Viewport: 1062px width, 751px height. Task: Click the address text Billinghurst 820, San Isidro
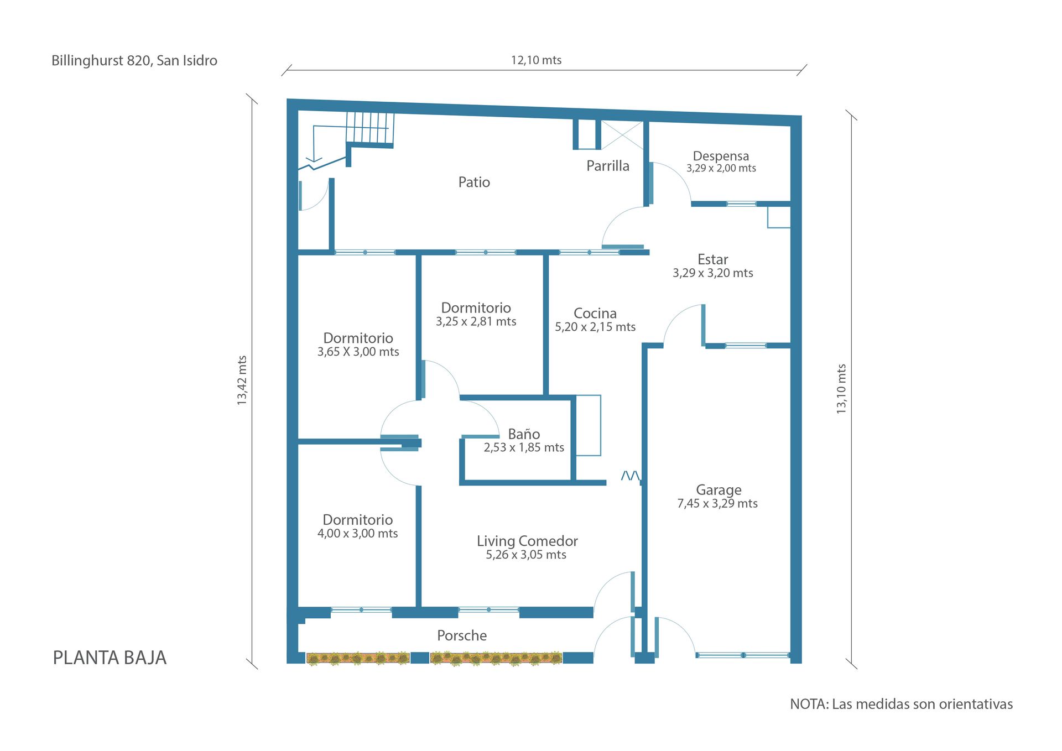pos(134,61)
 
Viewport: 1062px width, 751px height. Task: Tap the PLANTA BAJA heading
pos(110,658)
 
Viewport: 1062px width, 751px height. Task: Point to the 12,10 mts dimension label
pos(536,60)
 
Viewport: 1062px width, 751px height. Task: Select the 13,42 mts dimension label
pos(242,380)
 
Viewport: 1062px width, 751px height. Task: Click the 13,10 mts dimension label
pos(841,389)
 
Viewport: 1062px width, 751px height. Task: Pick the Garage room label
pos(719,490)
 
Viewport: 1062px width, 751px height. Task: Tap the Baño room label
pos(524,434)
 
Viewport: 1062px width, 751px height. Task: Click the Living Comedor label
pos(527,541)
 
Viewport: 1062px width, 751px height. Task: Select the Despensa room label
pos(721,157)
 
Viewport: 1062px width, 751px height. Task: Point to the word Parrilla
pos(608,166)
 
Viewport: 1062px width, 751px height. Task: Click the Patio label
pos(474,182)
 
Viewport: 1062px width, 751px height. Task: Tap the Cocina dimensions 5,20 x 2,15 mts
pos(595,327)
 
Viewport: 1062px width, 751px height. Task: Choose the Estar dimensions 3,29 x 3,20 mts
pos(712,273)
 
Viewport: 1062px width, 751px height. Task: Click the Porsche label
pos(462,635)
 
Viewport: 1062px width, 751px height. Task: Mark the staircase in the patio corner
pos(370,130)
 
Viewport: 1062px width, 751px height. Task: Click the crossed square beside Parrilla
pos(622,135)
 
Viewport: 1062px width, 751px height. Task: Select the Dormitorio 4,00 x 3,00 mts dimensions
pos(357,534)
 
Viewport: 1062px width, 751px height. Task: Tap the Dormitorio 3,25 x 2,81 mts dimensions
pos(476,322)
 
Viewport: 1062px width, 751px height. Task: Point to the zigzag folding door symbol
pos(631,476)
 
